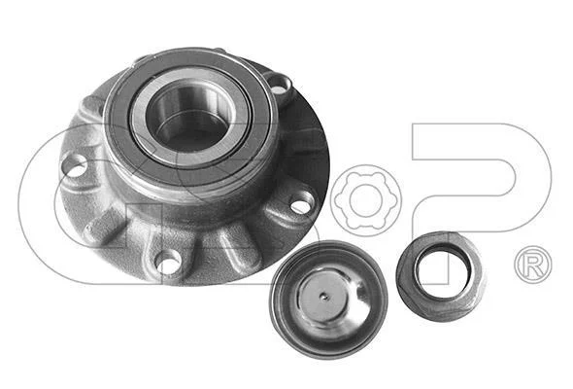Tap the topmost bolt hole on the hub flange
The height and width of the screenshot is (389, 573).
click(280, 85)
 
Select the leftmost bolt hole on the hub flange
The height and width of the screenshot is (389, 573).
click(75, 166)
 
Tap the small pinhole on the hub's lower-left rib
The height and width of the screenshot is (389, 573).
click(88, 230)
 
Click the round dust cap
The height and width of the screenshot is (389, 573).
click(328, 300)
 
